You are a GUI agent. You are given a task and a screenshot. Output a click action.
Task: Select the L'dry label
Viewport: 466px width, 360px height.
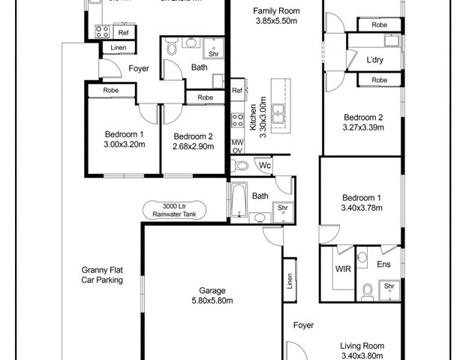click(x=375, y=60)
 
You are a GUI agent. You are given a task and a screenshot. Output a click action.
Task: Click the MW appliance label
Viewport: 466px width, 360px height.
click(x=236, y=142)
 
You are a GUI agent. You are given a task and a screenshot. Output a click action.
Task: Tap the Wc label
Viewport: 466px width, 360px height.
click(x=264, y=165)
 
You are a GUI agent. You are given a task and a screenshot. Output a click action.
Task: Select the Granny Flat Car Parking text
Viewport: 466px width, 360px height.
click(x=102, y=276)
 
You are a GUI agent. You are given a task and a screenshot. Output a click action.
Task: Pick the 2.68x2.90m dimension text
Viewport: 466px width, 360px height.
click(x=194, y=146)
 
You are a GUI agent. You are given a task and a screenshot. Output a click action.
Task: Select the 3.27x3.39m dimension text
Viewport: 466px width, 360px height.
click(x=364, y=127)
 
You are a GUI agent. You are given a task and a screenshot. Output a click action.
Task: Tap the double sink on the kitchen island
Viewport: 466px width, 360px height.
click(x=278, y=113)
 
